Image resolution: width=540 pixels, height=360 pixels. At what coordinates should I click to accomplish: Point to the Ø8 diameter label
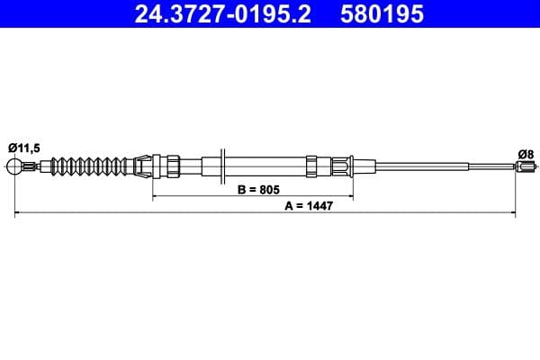(x=526, y=154)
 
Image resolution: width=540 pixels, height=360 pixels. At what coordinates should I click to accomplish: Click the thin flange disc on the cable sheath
(x=223, y=166)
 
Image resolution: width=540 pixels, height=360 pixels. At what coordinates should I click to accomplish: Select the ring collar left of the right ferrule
(x=311, y=166)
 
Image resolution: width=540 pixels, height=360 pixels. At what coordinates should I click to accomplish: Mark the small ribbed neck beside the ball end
(x=32, y=166)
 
